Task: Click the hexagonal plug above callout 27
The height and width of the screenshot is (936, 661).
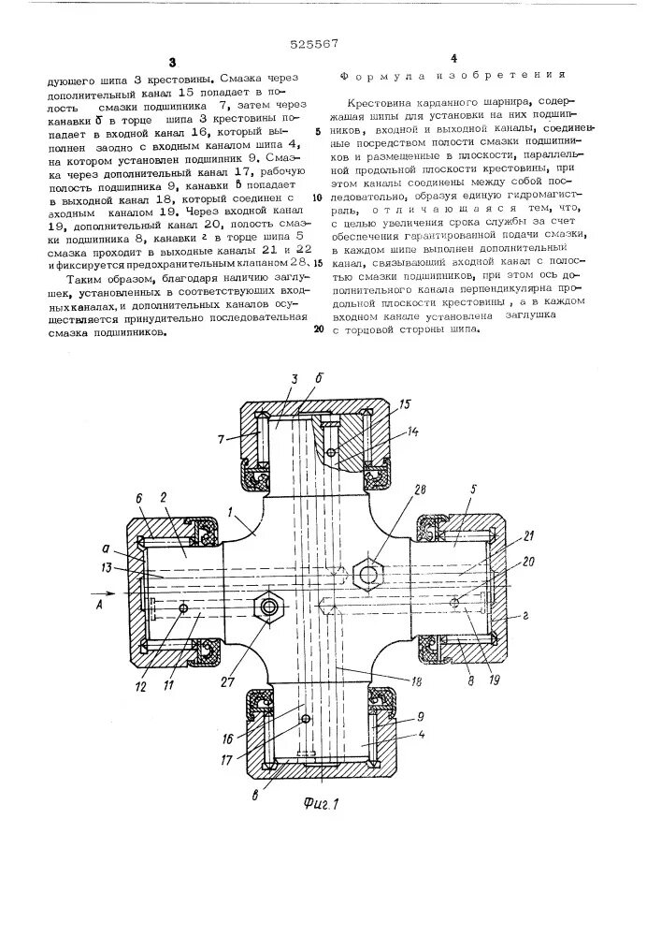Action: pos(270,607)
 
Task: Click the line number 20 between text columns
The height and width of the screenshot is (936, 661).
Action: pos(318,329)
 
